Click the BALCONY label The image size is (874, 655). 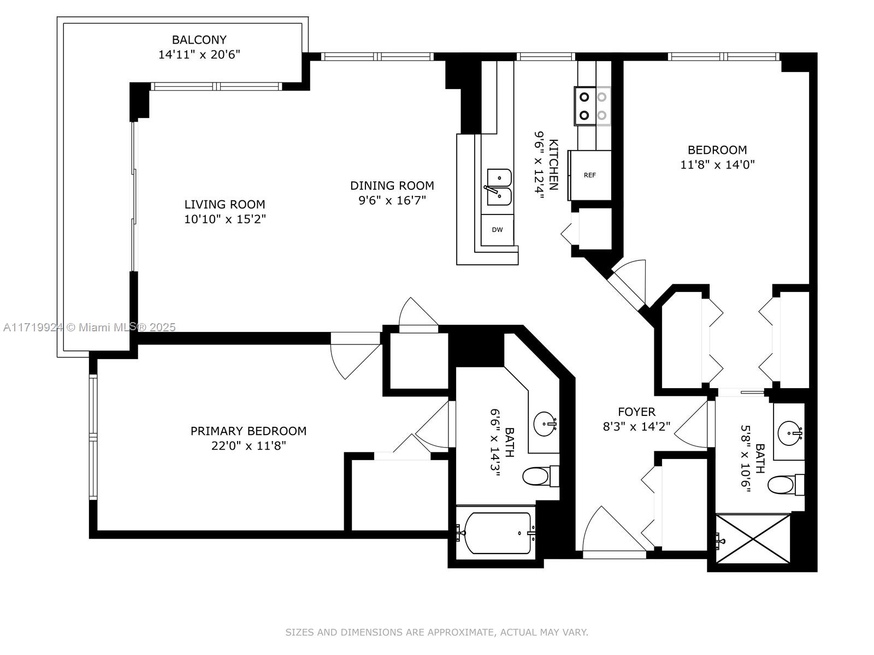(x=199, y=40)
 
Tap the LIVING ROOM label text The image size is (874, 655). (x=225, y=204)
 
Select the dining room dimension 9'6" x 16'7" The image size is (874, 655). (x=392, y=200)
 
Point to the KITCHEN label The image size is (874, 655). (x=554, y=165)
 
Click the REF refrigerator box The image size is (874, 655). (x=590, y=175)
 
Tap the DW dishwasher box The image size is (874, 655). (x=497, y=230)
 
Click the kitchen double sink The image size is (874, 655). (x=499, y=187)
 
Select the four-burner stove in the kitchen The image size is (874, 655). (x=593, y=106)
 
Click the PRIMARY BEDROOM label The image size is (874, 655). (x=249, y=431)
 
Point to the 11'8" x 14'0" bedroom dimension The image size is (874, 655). (x=718, y=165)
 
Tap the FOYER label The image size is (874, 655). (x=637, y=412)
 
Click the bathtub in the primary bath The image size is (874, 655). (x=498, y=533)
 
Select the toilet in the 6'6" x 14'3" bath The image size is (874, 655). (x=540, y=476)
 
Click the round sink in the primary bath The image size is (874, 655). (x=544, y=424)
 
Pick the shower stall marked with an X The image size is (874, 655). (x=753, y=539)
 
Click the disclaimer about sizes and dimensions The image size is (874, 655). (x=437, y=632)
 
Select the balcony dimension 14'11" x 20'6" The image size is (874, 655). (x=199, y=55)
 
